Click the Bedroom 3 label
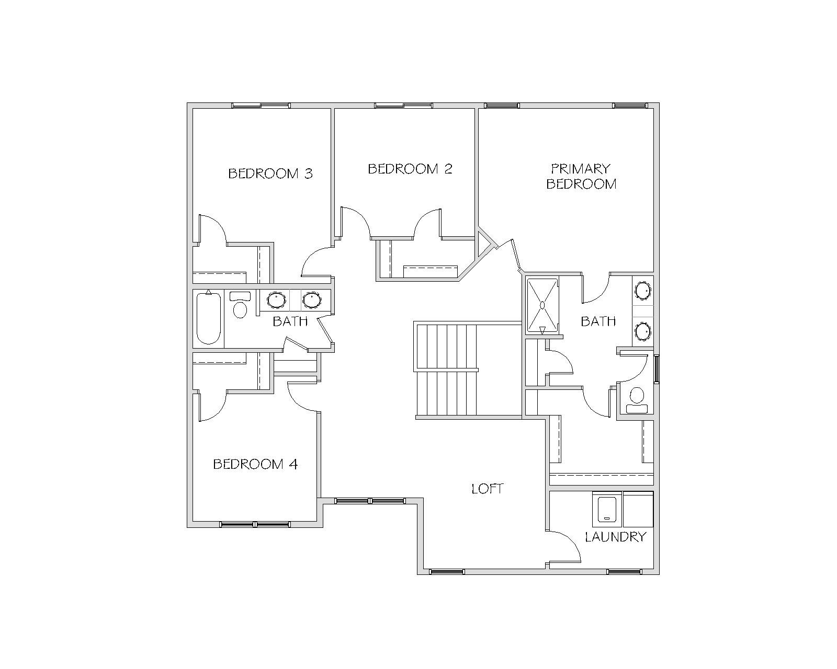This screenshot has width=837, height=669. point(270,174)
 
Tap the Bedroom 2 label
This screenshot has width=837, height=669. point(410,169)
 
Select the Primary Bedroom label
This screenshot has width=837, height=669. point(581,176)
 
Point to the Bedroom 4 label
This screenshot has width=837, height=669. point(255,464)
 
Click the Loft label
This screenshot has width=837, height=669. point(488,489)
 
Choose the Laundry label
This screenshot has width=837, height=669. point(615,537)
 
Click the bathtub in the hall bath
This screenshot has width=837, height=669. point(209,318)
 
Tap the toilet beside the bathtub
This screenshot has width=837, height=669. point(240,305)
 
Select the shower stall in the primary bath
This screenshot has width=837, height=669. point(542,306)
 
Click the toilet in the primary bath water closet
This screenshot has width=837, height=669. point(637,400)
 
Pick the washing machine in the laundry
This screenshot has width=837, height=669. point(607,509)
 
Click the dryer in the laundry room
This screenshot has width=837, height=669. point(638,509)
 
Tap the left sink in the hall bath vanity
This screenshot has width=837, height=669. point(277,299)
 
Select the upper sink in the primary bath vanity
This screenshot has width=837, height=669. point(642,291)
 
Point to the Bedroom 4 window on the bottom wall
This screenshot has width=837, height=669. point(255,524)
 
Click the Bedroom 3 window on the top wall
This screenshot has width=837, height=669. point(261,106)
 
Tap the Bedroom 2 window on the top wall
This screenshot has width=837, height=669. point(403,106)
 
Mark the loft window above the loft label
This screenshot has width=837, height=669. point(370,501)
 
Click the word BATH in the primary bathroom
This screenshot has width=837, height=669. point(598,321)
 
